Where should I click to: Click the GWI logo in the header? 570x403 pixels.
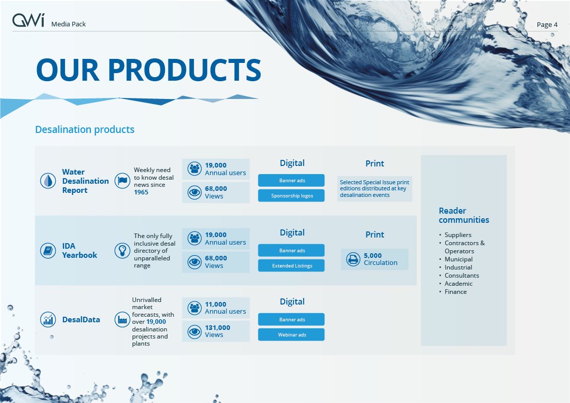pos(28,20)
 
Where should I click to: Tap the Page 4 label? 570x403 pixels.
pos(547,24)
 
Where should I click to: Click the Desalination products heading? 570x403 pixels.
pos(85,129)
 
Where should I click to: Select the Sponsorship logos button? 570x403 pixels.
pos(291,195)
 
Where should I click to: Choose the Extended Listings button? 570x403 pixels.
pos(291,265)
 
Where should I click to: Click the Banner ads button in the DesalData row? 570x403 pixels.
pos(291,319)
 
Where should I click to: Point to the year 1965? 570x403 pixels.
pos(141,192)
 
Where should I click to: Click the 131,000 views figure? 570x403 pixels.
pos(217,327)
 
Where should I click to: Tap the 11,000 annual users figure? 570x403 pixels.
pos(216,304)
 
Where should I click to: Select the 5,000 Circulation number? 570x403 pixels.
pos(373,255)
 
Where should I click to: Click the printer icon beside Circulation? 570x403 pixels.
pos(353,259)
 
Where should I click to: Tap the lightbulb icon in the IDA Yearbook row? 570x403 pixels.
pos(122,251)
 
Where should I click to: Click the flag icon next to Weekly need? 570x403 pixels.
pos(122,181)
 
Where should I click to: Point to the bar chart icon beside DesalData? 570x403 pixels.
pos(48,320)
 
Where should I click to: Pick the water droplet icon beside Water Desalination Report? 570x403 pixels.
pos(48,181)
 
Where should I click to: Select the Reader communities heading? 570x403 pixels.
pos(464,215)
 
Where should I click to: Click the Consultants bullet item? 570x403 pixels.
pos(462,276)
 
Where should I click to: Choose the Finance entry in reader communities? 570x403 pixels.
pos(455,291)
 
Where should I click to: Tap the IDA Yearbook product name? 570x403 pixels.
pos(80,250)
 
